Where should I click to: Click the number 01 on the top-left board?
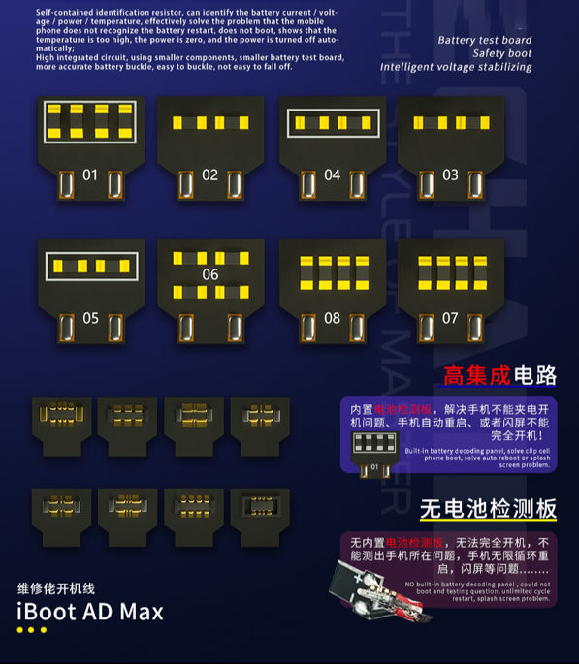pos(90,175)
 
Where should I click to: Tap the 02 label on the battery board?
pos(210,175)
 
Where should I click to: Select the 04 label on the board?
pos(333,175)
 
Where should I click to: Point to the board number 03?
pos(450,175)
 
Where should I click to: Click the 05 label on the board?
pos(90,318)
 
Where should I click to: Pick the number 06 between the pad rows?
pos(210,275)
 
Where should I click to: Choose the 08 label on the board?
pos(333,318)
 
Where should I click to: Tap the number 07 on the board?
pos(450,318)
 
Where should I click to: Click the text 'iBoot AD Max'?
pos(90,612)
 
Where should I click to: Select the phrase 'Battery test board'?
pos(484,40)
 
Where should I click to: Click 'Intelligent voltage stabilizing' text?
pos(456,67)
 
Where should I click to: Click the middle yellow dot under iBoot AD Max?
pos(31,631)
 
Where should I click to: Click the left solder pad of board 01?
pos(66,183)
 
